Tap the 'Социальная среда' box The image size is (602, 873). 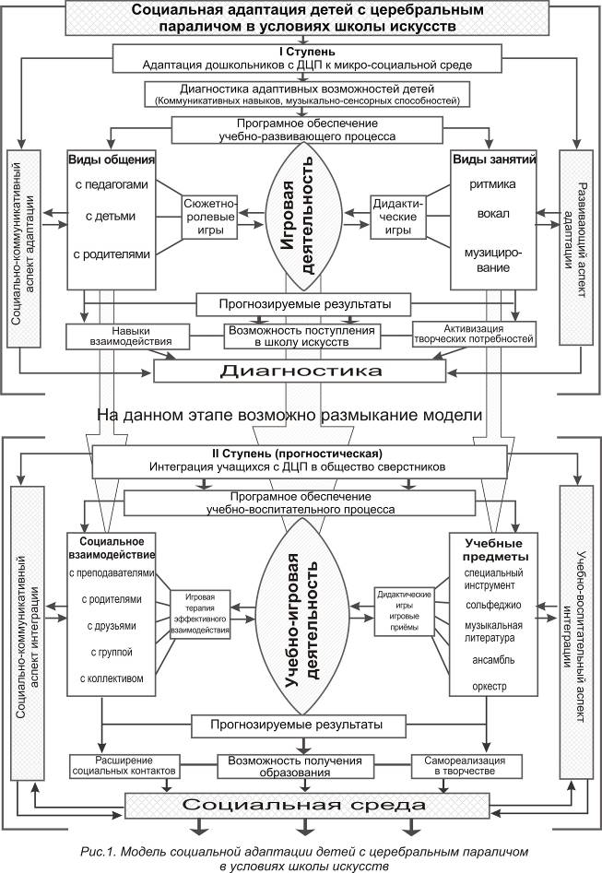[x=301, y=803]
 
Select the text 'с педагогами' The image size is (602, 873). [x=112, y=185]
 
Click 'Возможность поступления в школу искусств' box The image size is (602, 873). [x=301, y=336]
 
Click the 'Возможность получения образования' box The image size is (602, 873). [x=301, y=766]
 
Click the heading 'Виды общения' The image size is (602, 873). [x=110, y=158]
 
